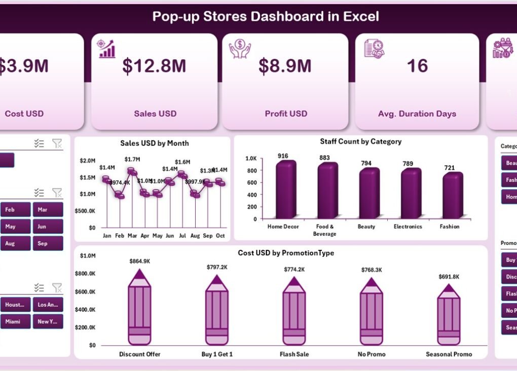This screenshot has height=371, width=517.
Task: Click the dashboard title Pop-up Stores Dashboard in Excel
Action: [x=266, y=16]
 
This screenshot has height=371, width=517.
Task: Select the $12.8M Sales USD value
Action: [x=155, y=65]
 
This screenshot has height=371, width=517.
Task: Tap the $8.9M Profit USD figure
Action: [x=285, y=65]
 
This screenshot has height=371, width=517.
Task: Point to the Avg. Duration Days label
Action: [x=417, y=114]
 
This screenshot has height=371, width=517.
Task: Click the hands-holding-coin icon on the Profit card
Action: [x=240, y=49]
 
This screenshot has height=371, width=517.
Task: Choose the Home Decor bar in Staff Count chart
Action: [x=285, y=190]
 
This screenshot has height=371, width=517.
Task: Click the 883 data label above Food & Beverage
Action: [x=324, y=158]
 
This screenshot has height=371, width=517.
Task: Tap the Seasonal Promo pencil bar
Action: [x=449, y=315]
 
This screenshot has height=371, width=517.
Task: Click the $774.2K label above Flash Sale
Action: [x=294, y=270]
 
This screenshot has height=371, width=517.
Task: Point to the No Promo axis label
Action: [x=372, y=354]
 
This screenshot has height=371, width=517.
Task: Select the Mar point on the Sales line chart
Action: [x=132, y=171]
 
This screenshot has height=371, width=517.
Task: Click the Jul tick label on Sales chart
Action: [x=182, y=236]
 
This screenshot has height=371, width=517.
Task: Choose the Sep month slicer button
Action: [x=48, y=243]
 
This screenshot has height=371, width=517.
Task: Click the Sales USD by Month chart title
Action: [x=155, y=143]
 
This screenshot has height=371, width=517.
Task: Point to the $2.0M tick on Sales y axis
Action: [x=87, y=161]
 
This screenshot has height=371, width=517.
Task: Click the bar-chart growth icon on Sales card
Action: [x=107, y=49]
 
